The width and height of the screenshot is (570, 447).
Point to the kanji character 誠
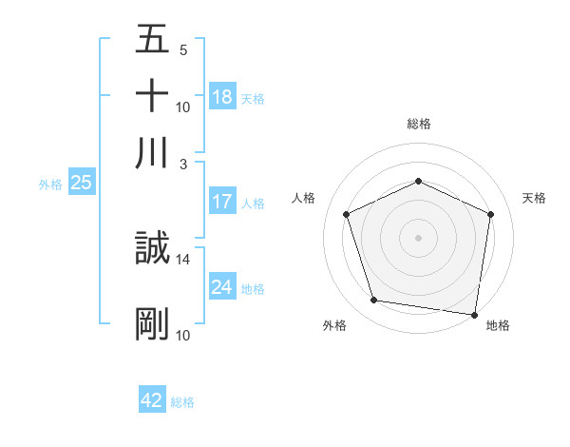152,249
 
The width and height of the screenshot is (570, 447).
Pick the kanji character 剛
152,323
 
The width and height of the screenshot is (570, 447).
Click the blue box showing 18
222,97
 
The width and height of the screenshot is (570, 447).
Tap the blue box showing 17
222,202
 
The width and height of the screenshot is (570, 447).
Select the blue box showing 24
222,287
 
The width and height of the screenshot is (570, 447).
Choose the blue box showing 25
81,184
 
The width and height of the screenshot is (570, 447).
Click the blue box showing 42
152,400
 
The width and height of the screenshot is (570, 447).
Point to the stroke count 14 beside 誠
183,259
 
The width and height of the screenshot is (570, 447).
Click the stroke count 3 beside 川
183,163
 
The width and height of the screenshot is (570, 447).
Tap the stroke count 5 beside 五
182,50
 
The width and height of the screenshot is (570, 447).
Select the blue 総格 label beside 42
182,402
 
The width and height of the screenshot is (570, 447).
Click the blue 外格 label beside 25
50,185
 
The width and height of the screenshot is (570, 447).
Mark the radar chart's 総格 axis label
419,124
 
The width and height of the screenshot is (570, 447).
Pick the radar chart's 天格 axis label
534,198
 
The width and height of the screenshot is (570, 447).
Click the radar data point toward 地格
475,314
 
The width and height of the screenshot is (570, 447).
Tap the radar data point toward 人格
347,214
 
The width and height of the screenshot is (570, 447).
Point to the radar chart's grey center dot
419,237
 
